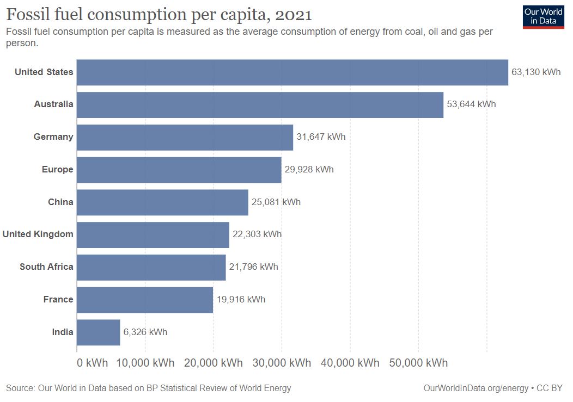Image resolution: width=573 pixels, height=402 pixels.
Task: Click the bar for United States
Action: tap(292, 72)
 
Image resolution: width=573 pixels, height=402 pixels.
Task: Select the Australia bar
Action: tap(260, 105)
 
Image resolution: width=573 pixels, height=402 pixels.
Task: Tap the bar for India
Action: tap(98, 332)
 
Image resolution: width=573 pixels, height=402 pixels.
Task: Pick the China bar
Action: tap(162, 202)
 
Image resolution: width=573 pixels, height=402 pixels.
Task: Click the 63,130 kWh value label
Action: tap(536, 72)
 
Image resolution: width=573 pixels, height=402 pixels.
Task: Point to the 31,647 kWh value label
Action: tap(321, 137)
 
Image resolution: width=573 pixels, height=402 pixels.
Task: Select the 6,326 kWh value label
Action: tap(145, 332)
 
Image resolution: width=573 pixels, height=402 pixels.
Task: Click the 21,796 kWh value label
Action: tap(253, 267)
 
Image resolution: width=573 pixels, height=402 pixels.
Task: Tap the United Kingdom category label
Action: tap(38, 234)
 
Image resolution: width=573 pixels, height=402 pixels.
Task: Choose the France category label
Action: tap(58, 300)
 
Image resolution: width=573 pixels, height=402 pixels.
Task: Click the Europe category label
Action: tap(57, 170)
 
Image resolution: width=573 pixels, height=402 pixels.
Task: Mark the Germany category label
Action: tap(53, 137)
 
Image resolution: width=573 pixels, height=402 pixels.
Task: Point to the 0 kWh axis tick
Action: tap(93, 363)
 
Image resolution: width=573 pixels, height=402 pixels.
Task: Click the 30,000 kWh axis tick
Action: tap(282, 363)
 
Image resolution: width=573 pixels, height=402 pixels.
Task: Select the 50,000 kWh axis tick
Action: tap(418, 363)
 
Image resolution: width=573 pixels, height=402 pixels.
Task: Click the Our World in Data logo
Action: tap(542, 16)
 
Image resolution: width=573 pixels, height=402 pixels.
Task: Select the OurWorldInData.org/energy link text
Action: tap(476, 388)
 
